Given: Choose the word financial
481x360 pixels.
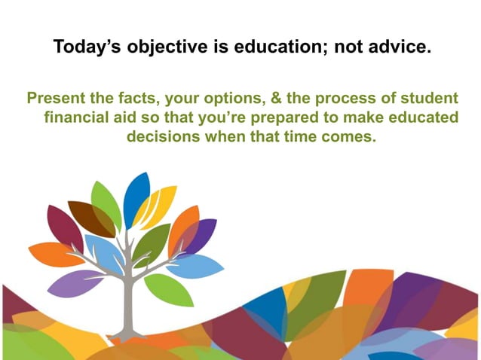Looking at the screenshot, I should [x=78, y=119].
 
